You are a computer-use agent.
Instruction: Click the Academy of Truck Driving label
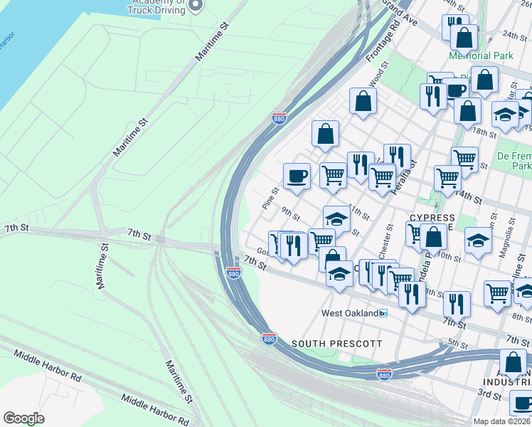pos(157,6)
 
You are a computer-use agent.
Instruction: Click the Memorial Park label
pos(480,56)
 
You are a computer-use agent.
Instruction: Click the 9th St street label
pos(288,211)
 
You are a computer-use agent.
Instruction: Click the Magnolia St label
pos(511,236)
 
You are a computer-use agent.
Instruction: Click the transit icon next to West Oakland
pos(383,313)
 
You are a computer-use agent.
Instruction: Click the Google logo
pos(23,418)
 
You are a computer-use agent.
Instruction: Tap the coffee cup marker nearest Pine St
pos(297,176)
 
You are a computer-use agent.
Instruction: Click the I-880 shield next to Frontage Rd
pos(280,118)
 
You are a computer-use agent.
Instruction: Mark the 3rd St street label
pos(489,394)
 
